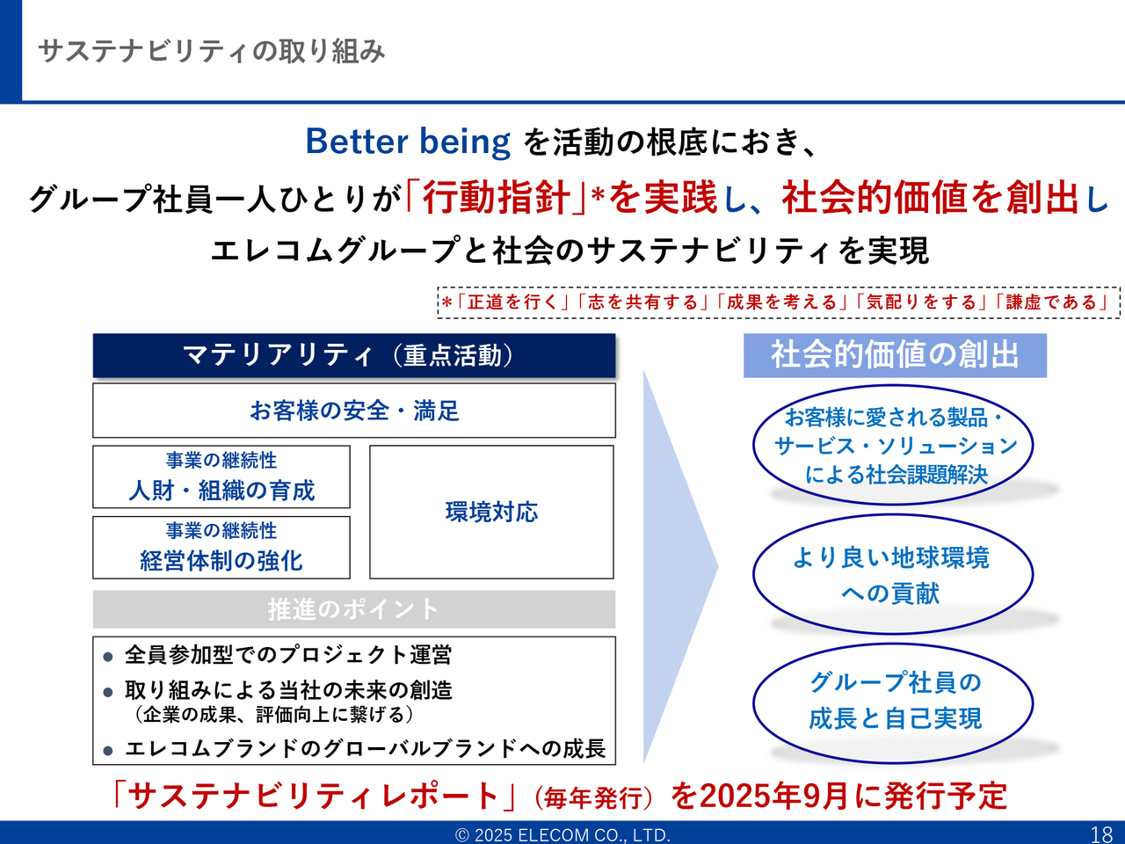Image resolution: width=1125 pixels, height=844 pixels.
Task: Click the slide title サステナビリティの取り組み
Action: pyautogui.click(x=211, y=52)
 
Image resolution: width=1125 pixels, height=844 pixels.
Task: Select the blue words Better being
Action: pyautogui.click(x=408, y=142)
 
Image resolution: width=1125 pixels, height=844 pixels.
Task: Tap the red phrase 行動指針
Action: pyautogui.click(x=496, y=197)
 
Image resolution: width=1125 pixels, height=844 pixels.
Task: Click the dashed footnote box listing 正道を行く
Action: pyautogui.click(x=779, y=302)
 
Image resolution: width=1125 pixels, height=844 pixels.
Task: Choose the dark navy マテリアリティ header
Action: pyautogui.click(x=354, y=356)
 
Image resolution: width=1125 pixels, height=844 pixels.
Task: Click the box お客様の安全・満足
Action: pyautogui.click(x=354, y=411)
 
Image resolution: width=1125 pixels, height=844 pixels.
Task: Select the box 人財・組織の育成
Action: pyautogui.click(x=221, y=477)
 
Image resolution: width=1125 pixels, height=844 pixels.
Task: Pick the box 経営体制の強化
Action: pyautogui.click(x=221, y=548)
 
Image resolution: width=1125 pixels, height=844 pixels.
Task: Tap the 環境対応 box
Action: pyautogui.click(x=491, y=512)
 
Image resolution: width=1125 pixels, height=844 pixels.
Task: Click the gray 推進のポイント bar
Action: pyautogui.click(x=354, y=609)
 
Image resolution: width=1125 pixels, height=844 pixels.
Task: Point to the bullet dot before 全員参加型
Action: pyautogui.click(x=107, y=657)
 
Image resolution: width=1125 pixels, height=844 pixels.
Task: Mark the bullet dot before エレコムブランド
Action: pyautogui.click(x=107, y=751)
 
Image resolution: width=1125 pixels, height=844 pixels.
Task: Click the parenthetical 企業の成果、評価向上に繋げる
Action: pyautogui.click(x=273, y=715)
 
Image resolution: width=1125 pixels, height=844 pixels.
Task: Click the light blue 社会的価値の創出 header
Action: pyautogui.click(x=895, y=356)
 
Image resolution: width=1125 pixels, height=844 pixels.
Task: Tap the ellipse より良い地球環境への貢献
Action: pyautogui.click(x=893, y=574)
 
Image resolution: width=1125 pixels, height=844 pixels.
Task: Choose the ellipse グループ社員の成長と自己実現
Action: pyautogui.click(x=893, y=703)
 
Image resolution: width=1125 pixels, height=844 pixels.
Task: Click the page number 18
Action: pyautogui.click(x=1101, y=834)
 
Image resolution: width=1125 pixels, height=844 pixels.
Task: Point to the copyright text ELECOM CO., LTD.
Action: pyautogui.click(x=593, y=835)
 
